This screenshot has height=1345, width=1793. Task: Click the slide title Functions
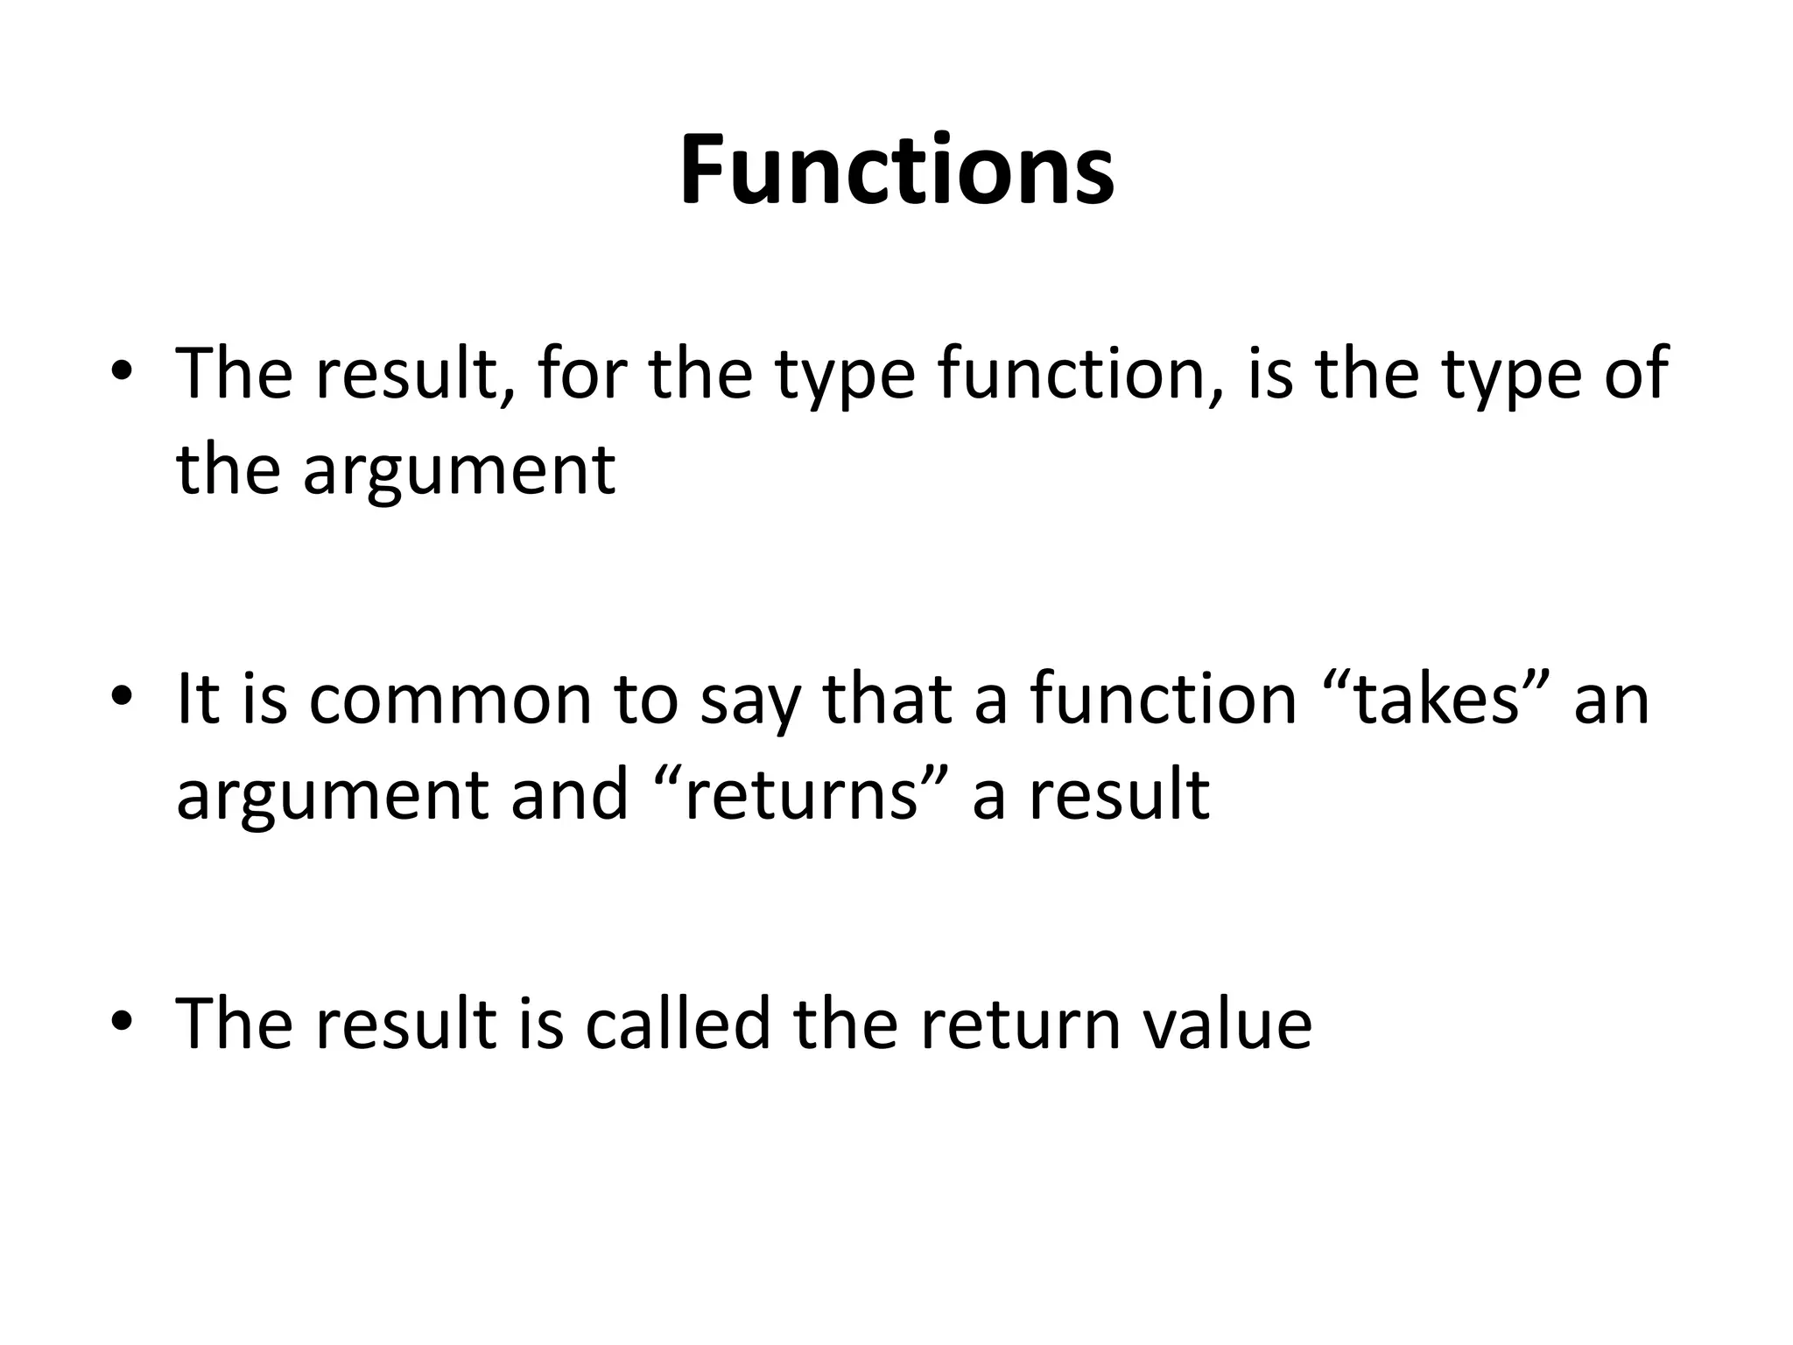pos(896,170)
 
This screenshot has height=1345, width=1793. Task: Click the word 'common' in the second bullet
pos(450,701)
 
